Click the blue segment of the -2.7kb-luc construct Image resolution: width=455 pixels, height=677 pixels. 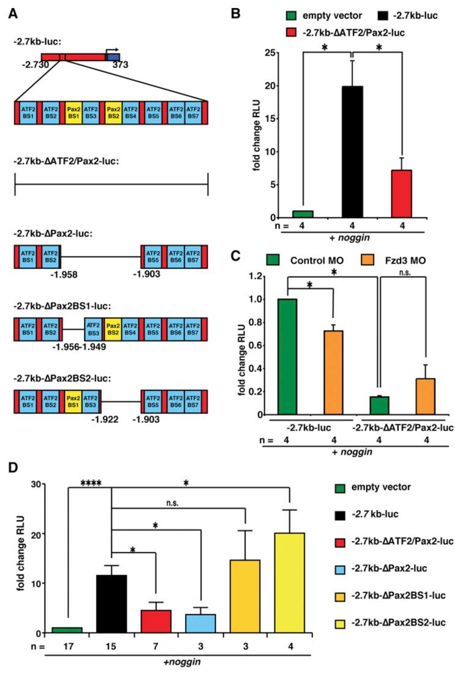point(113,57)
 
